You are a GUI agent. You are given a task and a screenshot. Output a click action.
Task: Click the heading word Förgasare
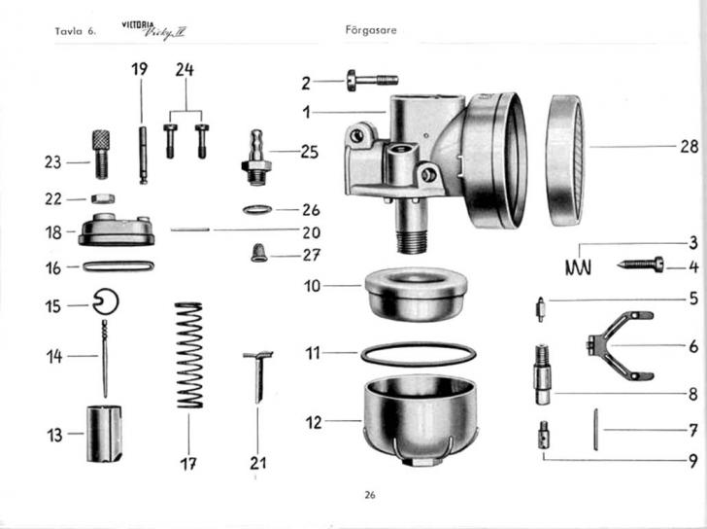(x=371, y=30)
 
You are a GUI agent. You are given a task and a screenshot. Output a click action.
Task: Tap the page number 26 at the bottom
(x=370, y=495)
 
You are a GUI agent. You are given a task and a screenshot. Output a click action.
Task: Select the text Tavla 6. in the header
(x=77, y=31)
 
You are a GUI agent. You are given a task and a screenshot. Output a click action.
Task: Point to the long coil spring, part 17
(x=188, y=355)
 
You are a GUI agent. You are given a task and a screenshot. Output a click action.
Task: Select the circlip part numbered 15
(x=106, y=304)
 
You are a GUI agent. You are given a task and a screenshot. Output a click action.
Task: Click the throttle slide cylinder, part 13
(x=104, y=434)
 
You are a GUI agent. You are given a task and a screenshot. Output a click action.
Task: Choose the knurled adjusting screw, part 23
(x=101, y=154)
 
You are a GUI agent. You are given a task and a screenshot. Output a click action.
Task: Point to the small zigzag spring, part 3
(x=579, y=264)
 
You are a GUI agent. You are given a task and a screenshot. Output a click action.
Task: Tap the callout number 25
(x=309, y=152)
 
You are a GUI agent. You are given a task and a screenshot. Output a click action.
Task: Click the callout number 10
(x=312, y=286)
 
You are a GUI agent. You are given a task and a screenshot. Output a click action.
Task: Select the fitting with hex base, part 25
(x=256, y=156)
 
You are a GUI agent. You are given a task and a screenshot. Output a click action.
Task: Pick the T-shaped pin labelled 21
(x=258, y=373)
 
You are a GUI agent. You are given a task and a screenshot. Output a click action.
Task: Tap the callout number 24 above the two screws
(x=185, y=69)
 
